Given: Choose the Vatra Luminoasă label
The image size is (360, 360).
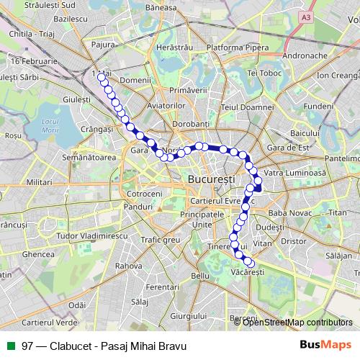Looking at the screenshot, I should click(295, 174).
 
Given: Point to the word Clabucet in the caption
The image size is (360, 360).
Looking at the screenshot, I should click(73, 346).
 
